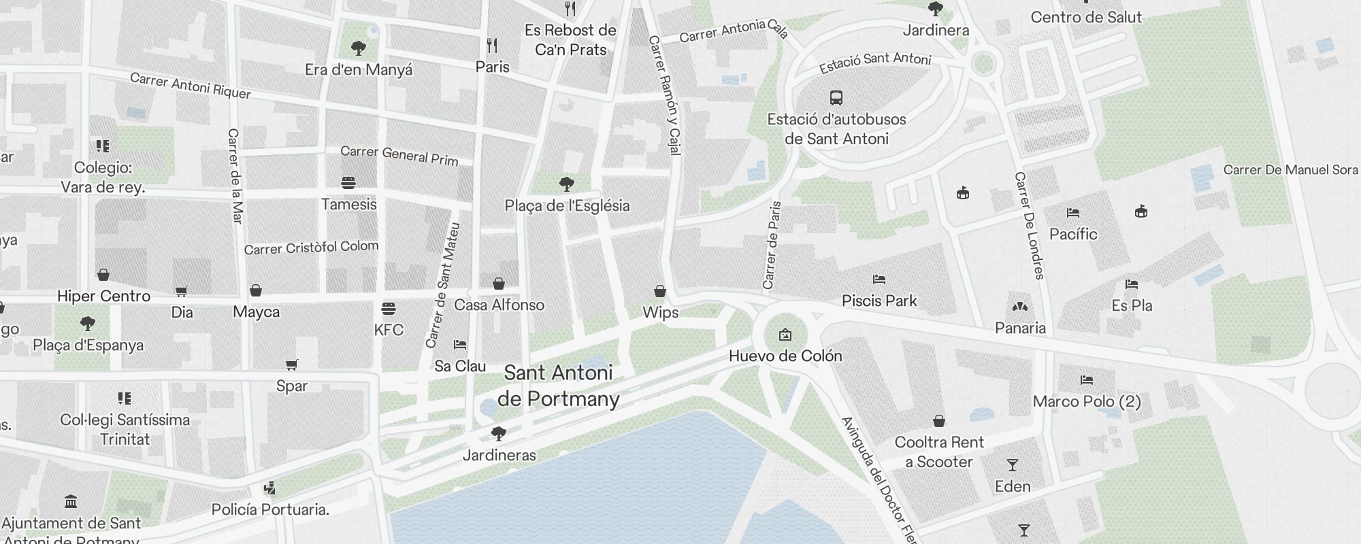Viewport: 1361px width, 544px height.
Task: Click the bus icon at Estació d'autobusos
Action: tap(836, 98)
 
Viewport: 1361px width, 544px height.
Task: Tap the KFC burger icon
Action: tap(389, 309)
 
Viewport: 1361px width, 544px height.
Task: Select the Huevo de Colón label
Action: tap(785, 356)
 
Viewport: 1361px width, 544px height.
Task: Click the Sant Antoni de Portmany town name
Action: tap(559, 386)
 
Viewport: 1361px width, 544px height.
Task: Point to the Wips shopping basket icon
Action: tap(659, 292)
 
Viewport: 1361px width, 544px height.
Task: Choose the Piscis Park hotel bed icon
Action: tap(879, 279)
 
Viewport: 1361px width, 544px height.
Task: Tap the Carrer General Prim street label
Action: tap(399, 155)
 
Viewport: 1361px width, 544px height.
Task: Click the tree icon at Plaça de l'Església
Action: tap(566, 184)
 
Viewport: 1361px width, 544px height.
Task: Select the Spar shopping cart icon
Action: tap(292, 365)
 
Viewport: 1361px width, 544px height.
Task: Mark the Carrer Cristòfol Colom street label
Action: tap(311, 248)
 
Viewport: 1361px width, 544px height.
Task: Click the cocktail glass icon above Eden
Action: tap(1013, 466)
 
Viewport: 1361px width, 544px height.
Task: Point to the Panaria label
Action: tap(1020, 328)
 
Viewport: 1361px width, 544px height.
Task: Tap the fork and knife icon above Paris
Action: tap(492, 46)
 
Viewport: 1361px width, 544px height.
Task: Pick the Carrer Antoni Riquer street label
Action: tap(191, 86)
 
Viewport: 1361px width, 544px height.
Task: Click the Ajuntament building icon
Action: tap(71, 502)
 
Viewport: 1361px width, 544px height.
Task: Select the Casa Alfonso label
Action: tap(499, 305)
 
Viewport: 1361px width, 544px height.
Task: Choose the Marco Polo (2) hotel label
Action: tap(1087, 401)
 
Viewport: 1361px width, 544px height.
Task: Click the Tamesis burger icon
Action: tap(348, 183)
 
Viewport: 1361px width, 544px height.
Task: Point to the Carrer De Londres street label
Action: tap(1029, 225)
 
